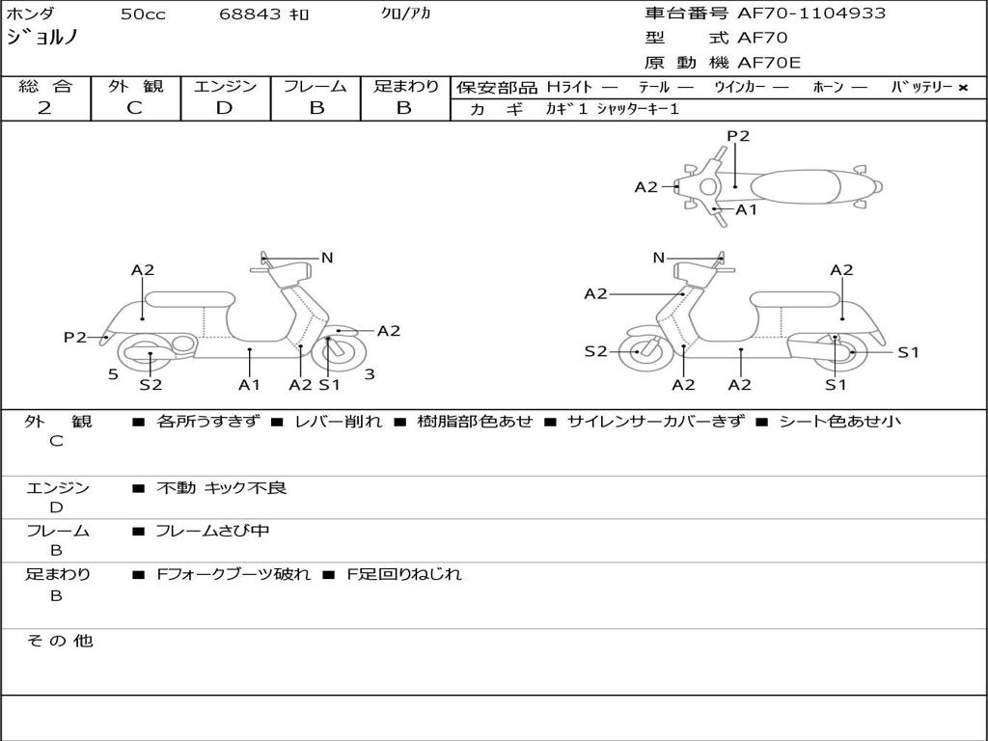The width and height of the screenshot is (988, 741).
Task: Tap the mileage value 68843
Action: click(x=250, y=14)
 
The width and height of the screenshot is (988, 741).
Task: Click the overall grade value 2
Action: click(x=44, y=108)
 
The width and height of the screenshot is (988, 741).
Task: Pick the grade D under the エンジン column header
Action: click(x=224, y=108)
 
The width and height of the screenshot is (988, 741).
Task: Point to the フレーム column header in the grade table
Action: click(x=316, y=87)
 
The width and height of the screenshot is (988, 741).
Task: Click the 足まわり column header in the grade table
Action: click(x=405, y=87)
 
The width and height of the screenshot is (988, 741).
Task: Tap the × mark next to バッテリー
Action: click(x=962, y=88)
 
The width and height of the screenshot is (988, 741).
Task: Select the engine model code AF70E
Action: click(x=769, y=64)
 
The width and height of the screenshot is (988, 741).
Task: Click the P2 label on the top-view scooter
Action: click(x=738, y=136)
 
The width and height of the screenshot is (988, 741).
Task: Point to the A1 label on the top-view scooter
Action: click(x=747, y=209)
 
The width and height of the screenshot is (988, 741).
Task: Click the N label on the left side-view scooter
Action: click(x=327, y=258)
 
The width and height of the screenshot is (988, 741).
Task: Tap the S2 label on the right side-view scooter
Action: click(x=595, y=351)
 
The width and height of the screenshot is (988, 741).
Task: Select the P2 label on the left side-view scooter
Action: click(x=75, y=337)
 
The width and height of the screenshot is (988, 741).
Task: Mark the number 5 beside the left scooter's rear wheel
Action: click(x=113, y=373)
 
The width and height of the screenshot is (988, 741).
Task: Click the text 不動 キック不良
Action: click(x=221, y=488)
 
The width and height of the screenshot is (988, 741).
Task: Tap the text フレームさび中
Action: click(x=212, y=531)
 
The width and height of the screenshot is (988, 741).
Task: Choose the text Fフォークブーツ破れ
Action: click(x=233, y=574)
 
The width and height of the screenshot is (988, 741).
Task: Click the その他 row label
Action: click(x=59, y=641)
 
